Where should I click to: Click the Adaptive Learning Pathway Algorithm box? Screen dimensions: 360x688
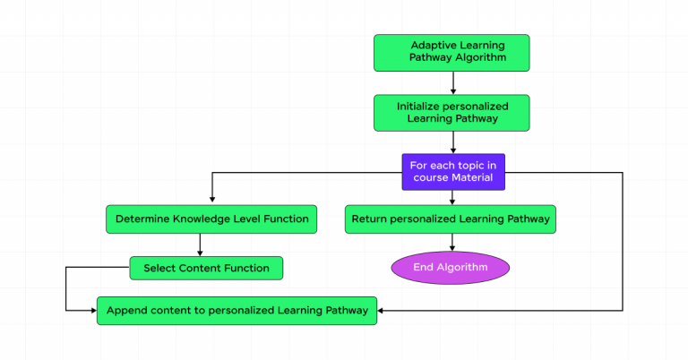(x=452, y=52)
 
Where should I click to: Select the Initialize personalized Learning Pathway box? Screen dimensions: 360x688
(x=452, y=112)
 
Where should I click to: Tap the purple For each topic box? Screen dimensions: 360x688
(x=452, y=171)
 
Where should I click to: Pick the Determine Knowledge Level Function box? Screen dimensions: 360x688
(x=211, y=219)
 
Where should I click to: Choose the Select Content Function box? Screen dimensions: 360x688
(x=206, y=267)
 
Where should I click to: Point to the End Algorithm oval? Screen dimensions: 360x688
(x=450, y=267)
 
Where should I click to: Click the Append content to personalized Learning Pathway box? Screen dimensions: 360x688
(x=236, y=311)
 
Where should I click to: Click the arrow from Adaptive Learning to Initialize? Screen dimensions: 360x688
(x=452, y=82)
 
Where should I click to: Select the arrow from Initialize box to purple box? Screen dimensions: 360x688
(x=452, y=141)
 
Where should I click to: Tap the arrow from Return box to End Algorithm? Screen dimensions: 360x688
(x=452, y=243)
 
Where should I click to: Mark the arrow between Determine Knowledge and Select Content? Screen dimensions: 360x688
(x=200, y=244)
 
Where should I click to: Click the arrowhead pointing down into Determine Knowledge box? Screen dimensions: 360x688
(x=211, y=201)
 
